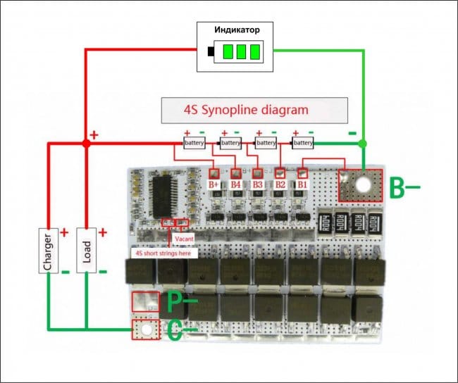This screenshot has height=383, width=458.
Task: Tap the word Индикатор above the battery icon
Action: point(237,31)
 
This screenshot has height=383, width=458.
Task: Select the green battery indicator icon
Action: point(236,51)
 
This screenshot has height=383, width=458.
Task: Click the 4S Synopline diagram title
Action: point(255,111)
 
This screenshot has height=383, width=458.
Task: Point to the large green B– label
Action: point(405,189)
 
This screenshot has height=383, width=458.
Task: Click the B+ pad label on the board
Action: point(214,184)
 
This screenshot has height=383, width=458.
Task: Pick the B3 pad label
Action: point(258,184)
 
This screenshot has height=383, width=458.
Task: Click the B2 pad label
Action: point(280,184)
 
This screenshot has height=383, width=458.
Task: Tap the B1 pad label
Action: point(302,184)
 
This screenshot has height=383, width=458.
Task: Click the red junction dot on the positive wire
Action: point(86,143)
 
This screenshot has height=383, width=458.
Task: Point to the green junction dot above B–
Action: point(363,143)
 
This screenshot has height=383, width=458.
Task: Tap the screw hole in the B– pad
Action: point(362,184)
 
